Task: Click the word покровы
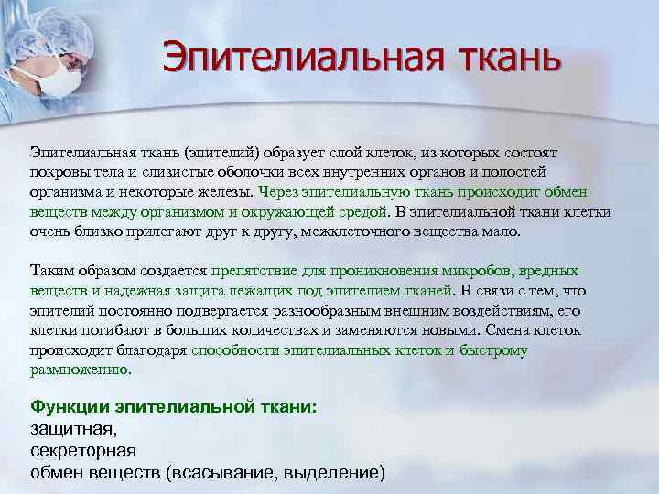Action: (60, 171)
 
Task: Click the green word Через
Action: (280, 192)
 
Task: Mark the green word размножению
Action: (81, 370)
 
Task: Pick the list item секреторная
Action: (83, 451)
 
